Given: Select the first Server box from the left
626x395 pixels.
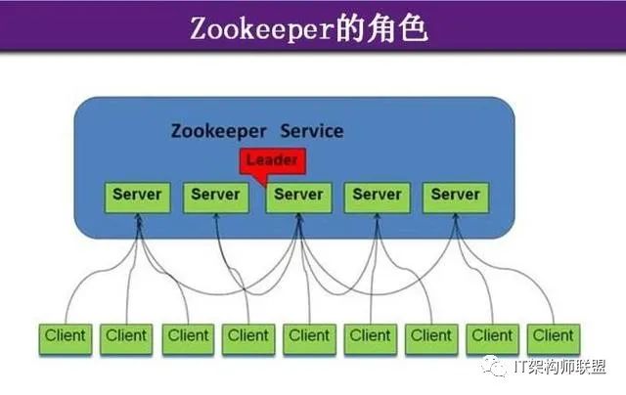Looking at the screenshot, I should coord(137,196).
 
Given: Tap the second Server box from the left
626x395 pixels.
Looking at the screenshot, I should coord(215,196).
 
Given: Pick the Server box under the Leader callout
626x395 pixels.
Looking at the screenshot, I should coord(297,196).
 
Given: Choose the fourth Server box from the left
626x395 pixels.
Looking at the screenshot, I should coord(377,196).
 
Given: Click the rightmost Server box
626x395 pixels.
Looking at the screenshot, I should coord(456,196).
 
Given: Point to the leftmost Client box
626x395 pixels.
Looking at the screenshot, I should coord(66,336).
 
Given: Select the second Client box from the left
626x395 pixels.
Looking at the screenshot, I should coord(126,336).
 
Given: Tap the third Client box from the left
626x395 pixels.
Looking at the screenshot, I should coord(188,336).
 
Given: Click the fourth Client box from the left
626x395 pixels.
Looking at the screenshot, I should coord(248,336).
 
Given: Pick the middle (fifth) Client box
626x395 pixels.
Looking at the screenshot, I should coord(309,336).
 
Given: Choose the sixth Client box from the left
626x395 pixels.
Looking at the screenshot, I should coord(370,336).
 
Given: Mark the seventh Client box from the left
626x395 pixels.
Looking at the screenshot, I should coord(431,336).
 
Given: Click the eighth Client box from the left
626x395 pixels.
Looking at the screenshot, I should coord(492,336).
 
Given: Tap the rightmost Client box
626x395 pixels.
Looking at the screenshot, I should coord(553,336).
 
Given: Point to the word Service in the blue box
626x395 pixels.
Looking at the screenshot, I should coord(312,131).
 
